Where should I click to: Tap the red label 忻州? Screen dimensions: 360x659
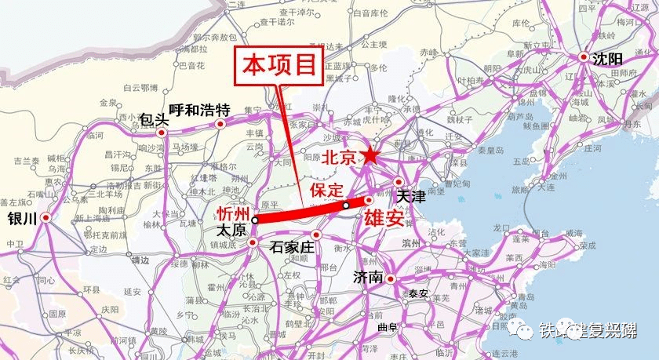click(234, 214)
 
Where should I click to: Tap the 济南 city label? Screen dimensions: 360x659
click(368, 278)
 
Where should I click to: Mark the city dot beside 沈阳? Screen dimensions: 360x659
click(584, 58)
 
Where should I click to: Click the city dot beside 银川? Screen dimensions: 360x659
click(46, 218)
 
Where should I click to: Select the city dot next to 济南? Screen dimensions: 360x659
click(391, 278)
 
